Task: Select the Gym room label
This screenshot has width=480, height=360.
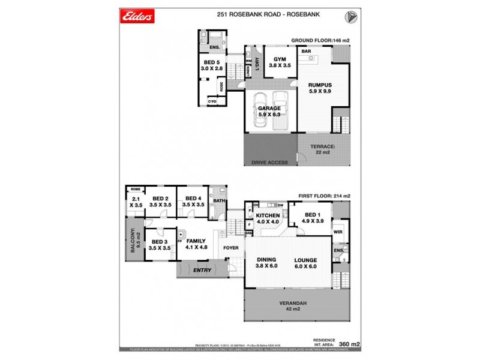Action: (280, 62)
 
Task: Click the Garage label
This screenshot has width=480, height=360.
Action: (269, 112)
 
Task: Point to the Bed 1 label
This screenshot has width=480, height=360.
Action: (314, 218)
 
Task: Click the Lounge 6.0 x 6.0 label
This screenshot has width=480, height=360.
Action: (305, 263)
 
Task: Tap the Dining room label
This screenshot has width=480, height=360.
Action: (266, 263)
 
